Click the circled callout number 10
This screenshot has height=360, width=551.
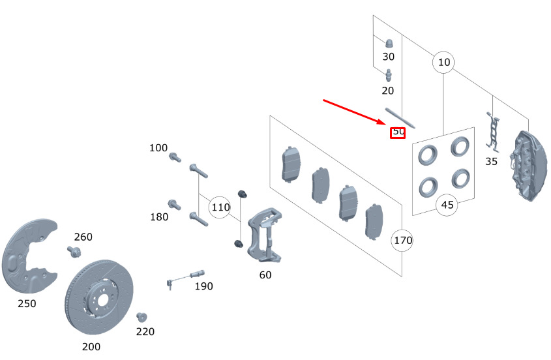point(443,63)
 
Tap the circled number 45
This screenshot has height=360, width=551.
point(447,205)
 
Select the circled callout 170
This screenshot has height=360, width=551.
point(402,241)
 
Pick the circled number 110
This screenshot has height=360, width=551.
point(220,207)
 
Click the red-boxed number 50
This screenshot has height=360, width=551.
point(398,132)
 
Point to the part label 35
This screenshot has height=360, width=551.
point(491,161)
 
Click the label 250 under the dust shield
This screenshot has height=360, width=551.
point(27,303)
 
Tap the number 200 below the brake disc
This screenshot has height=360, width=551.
point(91,346)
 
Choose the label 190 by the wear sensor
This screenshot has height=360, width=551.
point(203,286)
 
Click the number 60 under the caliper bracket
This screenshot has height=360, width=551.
point(265,275)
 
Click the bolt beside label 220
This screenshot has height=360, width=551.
point(140,317)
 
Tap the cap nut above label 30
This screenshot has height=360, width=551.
point(388,42)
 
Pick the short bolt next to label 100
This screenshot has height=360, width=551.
point(174,157)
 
